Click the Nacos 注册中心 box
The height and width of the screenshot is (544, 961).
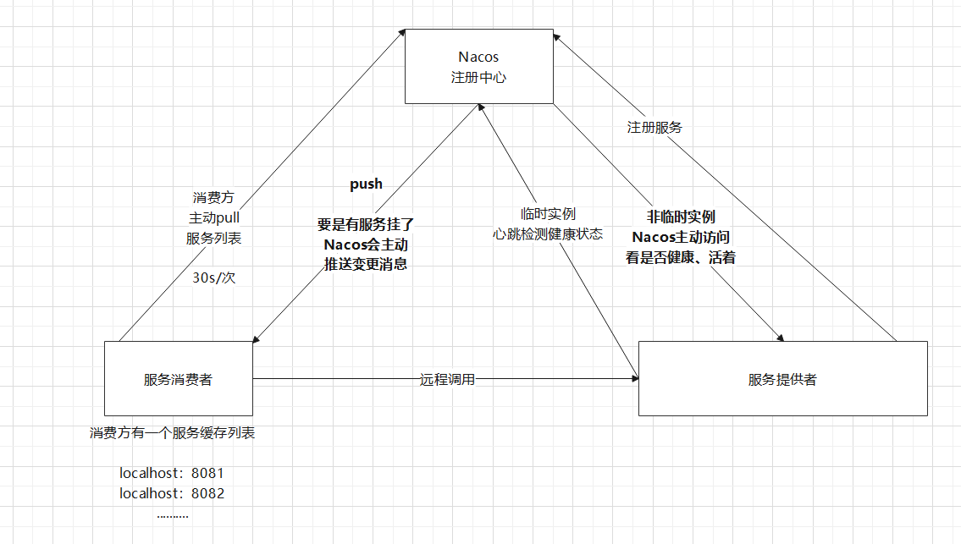pos(478,67)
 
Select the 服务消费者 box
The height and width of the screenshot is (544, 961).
pos(178,379)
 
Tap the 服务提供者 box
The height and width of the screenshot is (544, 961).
pos(782,379)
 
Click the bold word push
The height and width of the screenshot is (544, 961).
pos(366,184)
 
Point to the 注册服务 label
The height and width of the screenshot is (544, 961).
pos(654,128)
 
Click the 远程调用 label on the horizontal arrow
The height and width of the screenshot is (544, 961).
pos(448,380)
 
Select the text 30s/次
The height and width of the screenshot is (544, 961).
pos(213,277)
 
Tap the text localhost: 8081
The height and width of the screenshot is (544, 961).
pos(172,473)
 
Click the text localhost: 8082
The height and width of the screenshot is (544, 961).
pos(172,493)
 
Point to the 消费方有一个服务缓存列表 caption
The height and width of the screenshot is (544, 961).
pos(173,433)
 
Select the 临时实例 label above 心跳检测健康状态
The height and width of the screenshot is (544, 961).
pos(548,215)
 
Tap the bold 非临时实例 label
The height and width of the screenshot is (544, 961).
pos(681,217)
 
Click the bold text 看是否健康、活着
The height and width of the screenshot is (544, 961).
pos(681,258)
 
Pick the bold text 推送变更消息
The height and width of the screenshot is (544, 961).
pos(366,264)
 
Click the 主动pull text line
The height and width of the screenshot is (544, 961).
pos(213,217)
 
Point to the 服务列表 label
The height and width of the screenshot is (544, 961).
pos(213,238)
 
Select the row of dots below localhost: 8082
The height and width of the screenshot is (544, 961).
pos(172,514)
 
